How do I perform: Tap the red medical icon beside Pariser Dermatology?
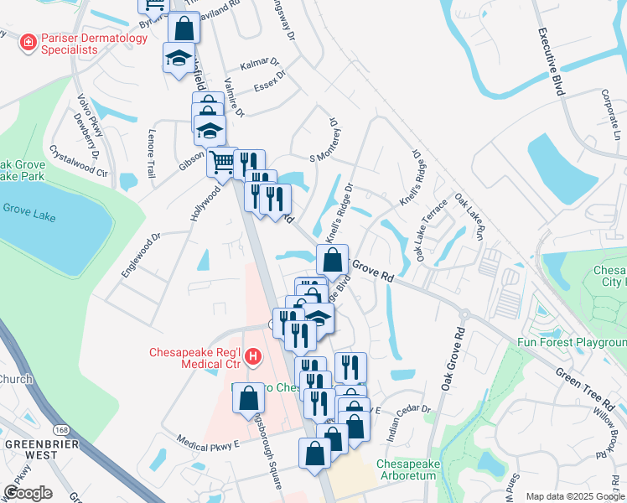[28, 39]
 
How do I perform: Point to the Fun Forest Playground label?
[572, 342]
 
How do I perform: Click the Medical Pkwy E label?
[209, 440]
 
